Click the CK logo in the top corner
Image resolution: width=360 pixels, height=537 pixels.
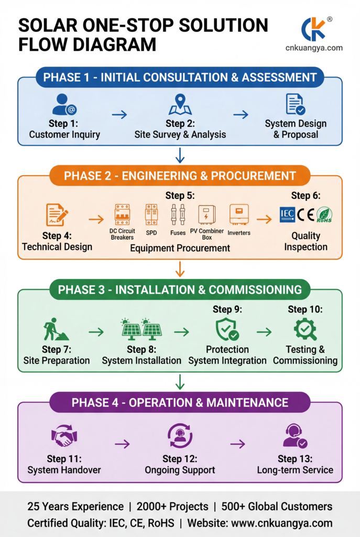click(x=314, y=29)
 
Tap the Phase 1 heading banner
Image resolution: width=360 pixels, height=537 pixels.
click(x=180, y=78)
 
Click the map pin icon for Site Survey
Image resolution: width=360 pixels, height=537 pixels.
click(x=180, y=104)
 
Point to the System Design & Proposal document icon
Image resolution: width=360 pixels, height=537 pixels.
click(x=296, y=104)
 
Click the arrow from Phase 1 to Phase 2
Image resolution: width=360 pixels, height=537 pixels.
click(x=180, y=155)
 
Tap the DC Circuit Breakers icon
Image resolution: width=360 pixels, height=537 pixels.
click(x=122, y=214)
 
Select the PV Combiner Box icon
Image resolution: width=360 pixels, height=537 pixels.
click(x=206, y=215)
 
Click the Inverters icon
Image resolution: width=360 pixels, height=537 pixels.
click(x=239, y=214)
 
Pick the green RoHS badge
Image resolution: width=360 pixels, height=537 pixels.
click(x=324, y=214)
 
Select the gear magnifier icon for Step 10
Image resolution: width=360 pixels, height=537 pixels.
click(x=304, y=329)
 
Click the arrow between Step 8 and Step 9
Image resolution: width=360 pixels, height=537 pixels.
click(x=181, y=332)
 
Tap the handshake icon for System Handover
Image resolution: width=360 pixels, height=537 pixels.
click(x=64, y=436)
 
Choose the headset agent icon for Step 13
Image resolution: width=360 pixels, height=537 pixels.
click(x=295, y=435)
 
